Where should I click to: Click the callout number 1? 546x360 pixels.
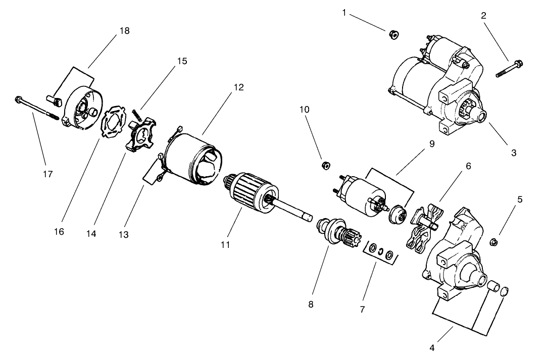click(x=344, y=12)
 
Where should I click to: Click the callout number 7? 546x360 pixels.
click(x=362, y=309)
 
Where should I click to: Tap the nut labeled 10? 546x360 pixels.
click(x=326, y=165)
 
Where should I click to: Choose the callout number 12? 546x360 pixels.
click(x=238, y=87)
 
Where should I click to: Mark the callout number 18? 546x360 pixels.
click(x=124, y=31)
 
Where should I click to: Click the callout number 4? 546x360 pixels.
click(x=433, y=347)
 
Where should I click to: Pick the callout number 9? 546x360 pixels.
click(x=431, y=143)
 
